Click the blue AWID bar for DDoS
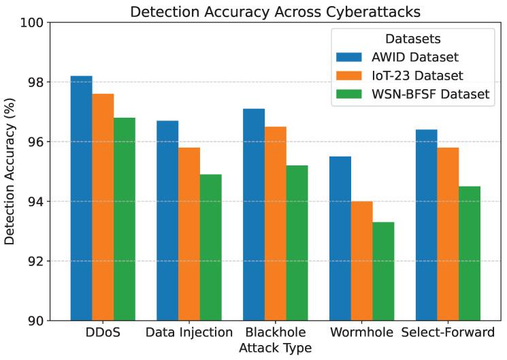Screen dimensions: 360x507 (x=81, y=198)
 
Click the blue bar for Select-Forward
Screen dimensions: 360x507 (x=426, y=225)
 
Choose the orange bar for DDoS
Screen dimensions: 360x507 (x=103, y=207)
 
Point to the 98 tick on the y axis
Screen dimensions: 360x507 (x=35, y=82)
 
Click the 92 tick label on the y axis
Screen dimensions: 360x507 (x=35, y=261)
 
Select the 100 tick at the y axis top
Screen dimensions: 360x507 (x=32, y=22)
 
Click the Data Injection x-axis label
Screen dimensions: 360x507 (x=189, y=333)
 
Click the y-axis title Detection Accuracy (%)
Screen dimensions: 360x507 (x=10, y=171)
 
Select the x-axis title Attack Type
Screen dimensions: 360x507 (x=275, y=348)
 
